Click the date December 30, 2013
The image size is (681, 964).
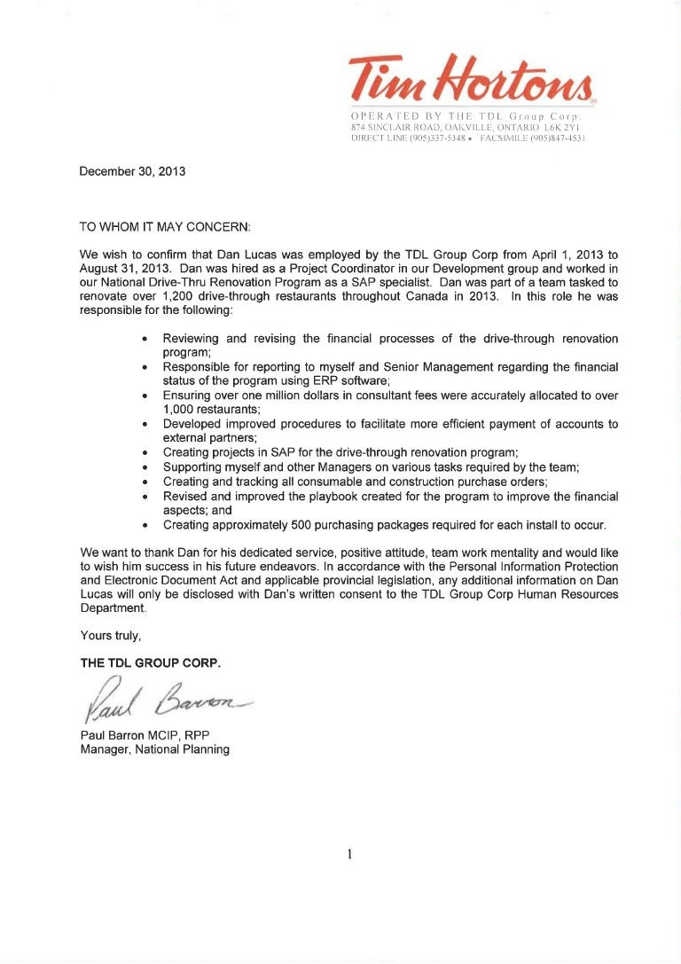[x=132, y=171]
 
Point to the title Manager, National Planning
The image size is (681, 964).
[x=154, y=749]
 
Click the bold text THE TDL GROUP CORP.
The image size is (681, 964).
[x=151, y=662]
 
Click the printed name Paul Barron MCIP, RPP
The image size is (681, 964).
[x=145, y=735]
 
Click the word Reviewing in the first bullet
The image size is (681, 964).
[x=196, y=339]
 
